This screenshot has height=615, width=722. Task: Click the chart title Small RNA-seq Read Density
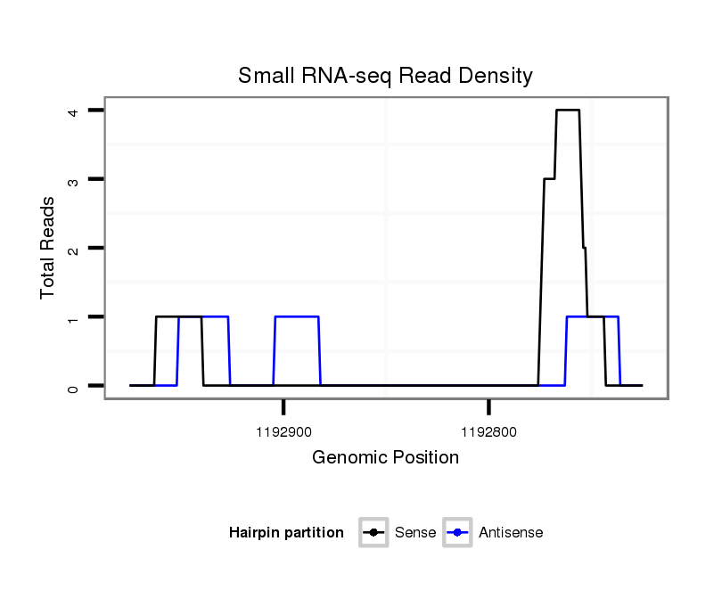385,76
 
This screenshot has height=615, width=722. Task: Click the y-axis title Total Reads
48,247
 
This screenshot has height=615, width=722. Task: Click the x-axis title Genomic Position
385,458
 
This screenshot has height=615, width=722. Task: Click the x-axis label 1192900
283,432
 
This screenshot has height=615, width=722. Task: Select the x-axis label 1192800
488,432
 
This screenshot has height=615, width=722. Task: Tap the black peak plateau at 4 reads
568,111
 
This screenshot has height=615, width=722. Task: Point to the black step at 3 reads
549,179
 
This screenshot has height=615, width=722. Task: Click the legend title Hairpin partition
286,533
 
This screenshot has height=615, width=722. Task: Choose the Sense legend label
415,533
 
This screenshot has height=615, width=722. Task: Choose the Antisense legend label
511,533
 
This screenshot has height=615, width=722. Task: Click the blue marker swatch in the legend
457,533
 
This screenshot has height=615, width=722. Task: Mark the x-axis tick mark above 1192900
283,407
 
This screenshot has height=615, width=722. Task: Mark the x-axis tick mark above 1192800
488,407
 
